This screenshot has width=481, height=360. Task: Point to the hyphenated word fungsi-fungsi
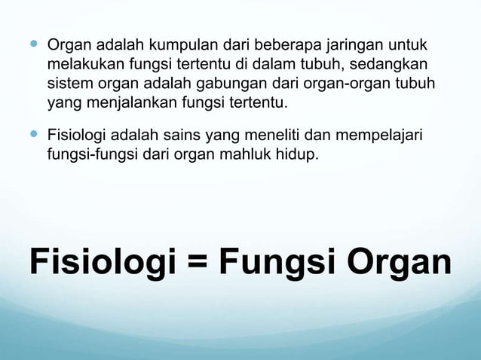click(90, 155)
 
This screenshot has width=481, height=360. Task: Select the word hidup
click(305, 155)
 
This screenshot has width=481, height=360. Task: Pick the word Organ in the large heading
click(399, 262)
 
